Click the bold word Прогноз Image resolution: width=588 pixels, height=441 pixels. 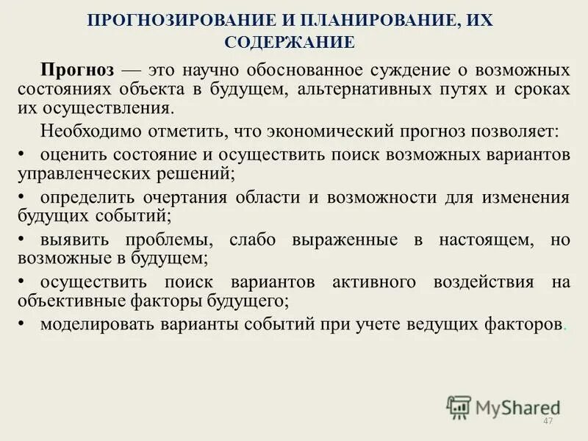77,71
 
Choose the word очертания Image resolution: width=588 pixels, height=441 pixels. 195,198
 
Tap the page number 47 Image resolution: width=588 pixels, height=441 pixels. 546,420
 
